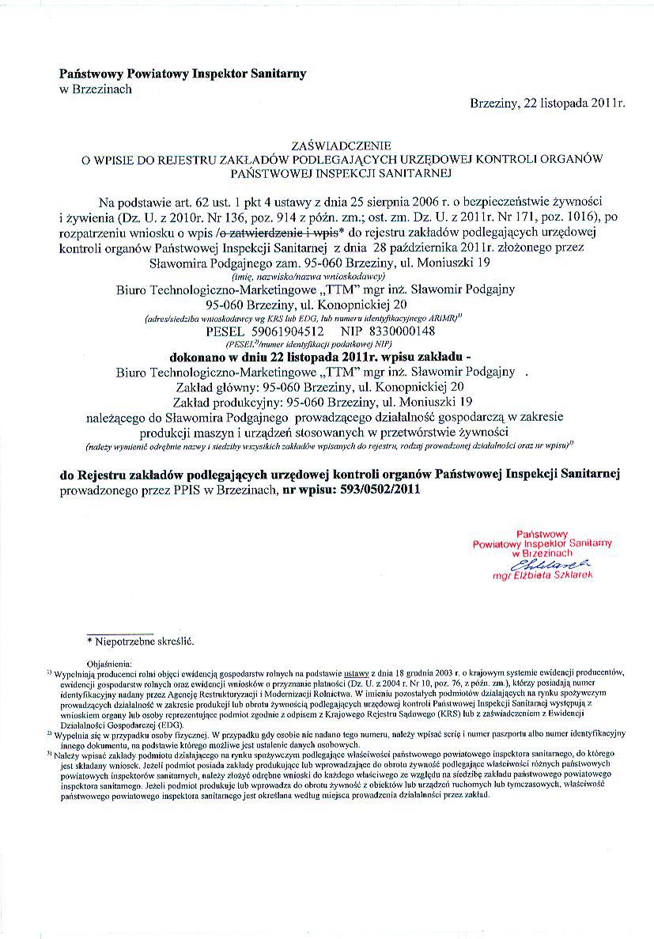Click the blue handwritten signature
point(550,565)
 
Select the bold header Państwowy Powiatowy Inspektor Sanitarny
point(183,74)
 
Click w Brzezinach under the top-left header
point(96,89)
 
